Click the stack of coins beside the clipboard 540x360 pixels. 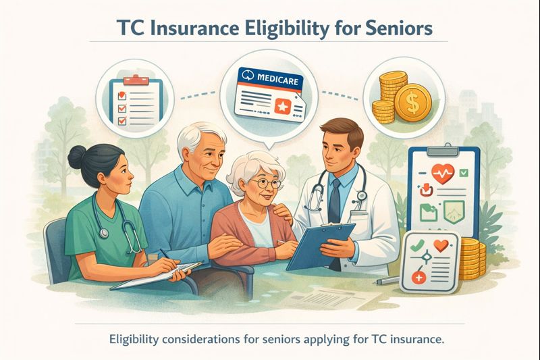coord(473,256)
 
